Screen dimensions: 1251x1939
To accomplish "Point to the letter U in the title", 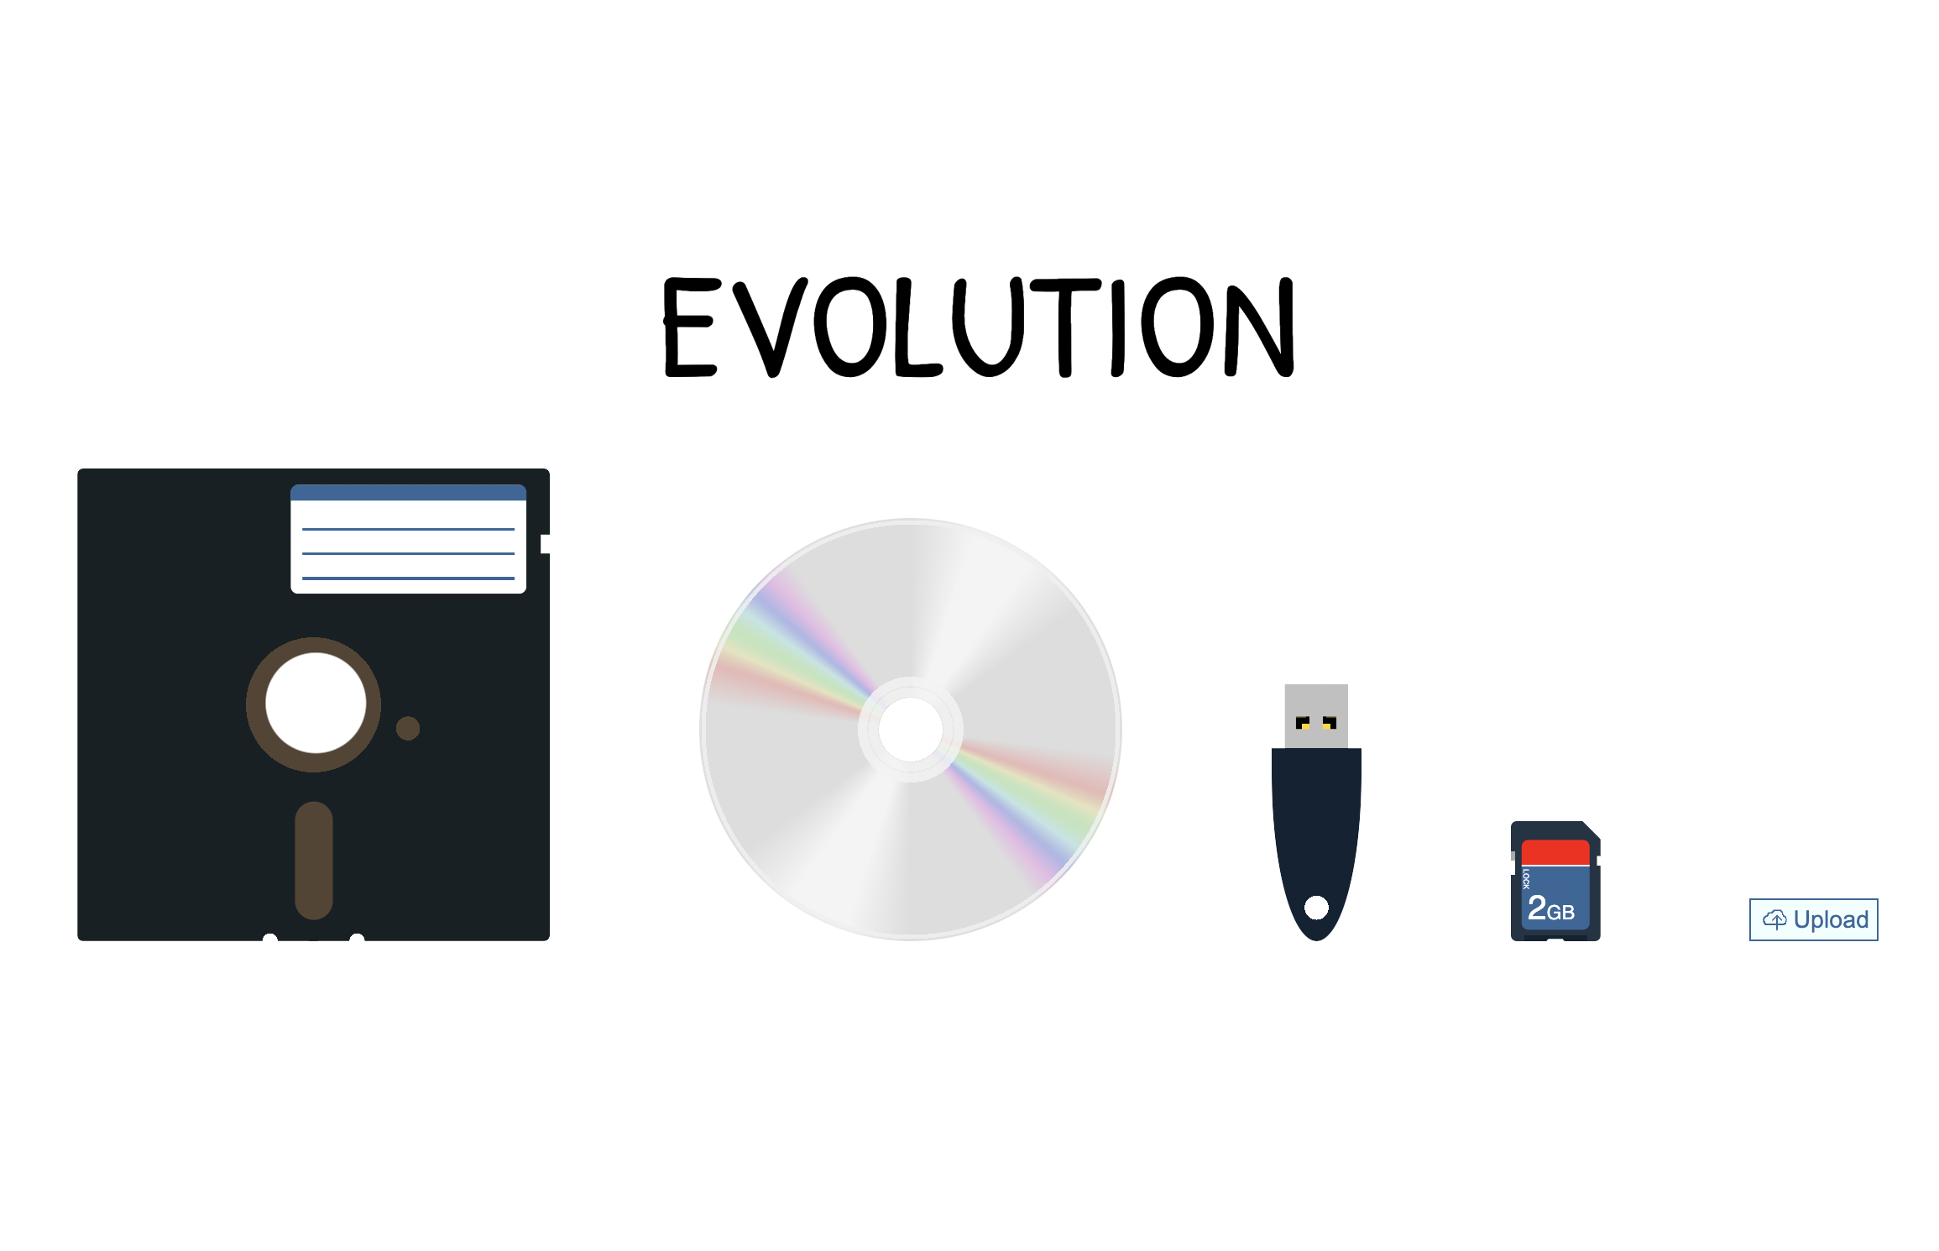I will click(x=989, y=327).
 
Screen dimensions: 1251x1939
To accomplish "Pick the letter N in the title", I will click(x=1259, y=327).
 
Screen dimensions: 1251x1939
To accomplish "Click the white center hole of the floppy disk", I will click(x=316, y=703).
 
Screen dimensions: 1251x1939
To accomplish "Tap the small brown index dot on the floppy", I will click(x=408, y=728).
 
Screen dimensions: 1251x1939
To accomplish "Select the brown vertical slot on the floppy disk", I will click(x=314, y=860).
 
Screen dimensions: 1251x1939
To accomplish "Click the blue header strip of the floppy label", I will click(x=408, y=493).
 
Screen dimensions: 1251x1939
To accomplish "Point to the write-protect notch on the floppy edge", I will click(x=545, y=544).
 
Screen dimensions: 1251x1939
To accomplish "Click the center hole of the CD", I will click(x=911, y=729).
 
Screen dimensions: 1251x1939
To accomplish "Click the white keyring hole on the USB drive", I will click(x=1316, y=907).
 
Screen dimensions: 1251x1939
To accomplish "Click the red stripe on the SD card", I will click(x=1555, y=852).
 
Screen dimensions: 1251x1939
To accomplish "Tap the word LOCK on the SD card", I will click(x=1526, y=879).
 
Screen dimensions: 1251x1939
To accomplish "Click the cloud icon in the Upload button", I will click(x=1774, y=919).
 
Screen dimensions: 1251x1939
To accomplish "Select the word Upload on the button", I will click(x=1831, y=919).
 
